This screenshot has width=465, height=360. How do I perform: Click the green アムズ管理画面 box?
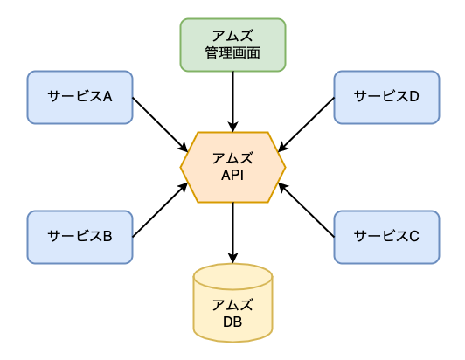pyautogui.click(x=232, y=45)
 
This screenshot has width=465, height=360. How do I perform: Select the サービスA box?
pyautogui.click(x=80, y=97)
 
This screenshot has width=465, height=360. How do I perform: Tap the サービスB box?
pyautogui.click(x=80, y=236)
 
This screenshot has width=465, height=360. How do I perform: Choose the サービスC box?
pyautogui.click(x=386, y=236)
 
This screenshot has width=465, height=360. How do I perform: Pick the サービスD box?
pyautogui.click(x=386, y=97)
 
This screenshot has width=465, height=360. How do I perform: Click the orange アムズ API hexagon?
pyautogui.click(x=232, y=167)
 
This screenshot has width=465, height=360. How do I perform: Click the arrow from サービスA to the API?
pyautogui.click(x=160, y=121)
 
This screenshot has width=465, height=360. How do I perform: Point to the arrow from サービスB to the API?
pyautogui.click(x=160, y=210)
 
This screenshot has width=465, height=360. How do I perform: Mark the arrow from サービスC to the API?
pyautogui.click(x=307, y=210)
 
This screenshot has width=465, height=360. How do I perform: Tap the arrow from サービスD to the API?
pyautogui.click(x=307, y=121)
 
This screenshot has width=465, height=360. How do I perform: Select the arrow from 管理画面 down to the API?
pyautogui.click(x=232, y=100)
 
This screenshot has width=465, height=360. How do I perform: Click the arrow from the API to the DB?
pyautogui.click(x=232, y=232)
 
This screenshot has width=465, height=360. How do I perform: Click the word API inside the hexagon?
pyautogui.click(x=232, y=176)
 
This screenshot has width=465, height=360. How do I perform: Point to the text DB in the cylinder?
pyautogui.click(x=232, y=322)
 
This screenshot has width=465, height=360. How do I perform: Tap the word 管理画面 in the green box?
pyautogui.click(x=232, y=52)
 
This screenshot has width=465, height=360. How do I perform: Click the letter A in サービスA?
pyautogui.click(x=108, y=97)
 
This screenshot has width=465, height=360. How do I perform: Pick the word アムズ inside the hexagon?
pyautogui.click(x=232, y=158)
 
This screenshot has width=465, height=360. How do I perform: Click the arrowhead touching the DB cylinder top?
pyautogui.click(x=232, y=258)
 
